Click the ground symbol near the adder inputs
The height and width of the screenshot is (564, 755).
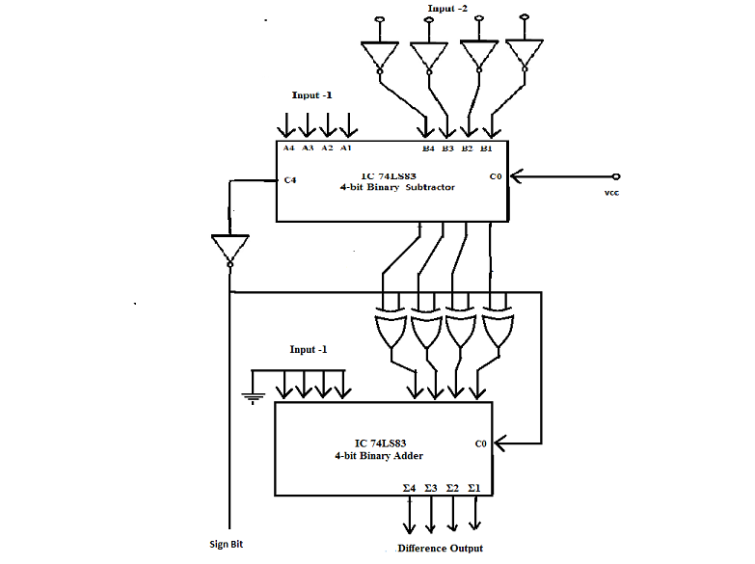coord(253,398)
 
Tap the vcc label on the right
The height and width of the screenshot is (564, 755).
coord(611,193)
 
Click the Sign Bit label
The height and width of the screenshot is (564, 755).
coord(226,544)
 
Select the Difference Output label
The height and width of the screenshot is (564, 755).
coord(440,549)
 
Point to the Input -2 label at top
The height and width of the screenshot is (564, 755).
coord(447,8)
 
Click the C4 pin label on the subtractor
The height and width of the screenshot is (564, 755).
coord(290,180)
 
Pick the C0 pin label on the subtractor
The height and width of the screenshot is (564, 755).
coord(496,176)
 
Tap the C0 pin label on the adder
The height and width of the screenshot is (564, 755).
coord(480,443)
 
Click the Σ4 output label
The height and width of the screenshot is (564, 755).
coord(409,488)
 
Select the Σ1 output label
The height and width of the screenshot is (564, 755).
coord(474,488)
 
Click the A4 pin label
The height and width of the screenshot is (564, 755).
coord(288,148)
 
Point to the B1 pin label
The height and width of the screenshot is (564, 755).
coord(486,148)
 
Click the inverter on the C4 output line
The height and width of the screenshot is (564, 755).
coord(230,251)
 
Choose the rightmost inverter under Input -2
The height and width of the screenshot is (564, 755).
coord(525,55)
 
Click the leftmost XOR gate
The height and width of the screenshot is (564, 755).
coord(391,329)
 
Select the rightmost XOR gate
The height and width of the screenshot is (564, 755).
coord(499,328)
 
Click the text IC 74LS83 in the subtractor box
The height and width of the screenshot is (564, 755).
coord(389,176)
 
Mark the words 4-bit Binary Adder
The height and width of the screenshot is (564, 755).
coord(379,456)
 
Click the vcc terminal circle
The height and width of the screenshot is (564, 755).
coord(616,176)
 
